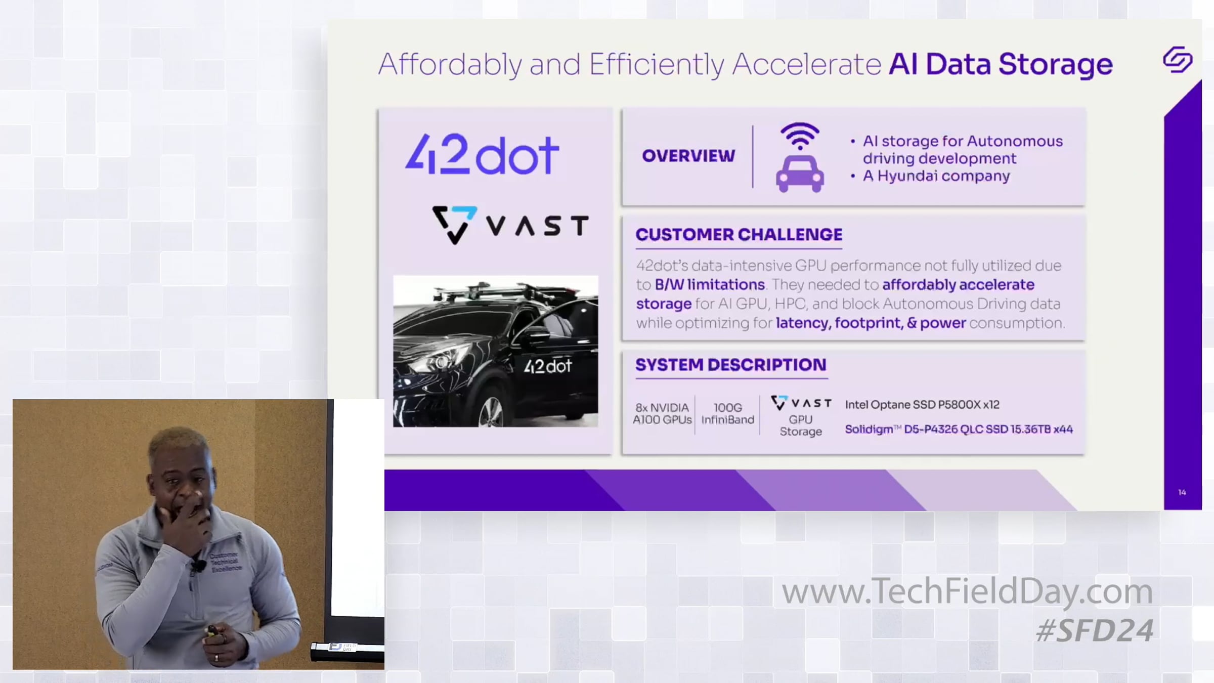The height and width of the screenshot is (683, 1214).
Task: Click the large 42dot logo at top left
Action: click(x=482, y=154)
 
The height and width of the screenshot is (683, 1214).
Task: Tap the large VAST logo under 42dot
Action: click(x=510, y=225)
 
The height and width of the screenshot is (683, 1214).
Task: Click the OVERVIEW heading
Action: click(x=688, y=156)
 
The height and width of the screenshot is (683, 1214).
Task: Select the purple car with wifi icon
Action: click(x=800, y=157)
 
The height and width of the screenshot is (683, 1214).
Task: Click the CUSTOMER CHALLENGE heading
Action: click(x=739, y=235)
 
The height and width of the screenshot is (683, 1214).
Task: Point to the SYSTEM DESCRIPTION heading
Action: click(x=731, y=365)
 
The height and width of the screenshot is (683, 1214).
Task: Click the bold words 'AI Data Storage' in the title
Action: click(x=1001, y=64)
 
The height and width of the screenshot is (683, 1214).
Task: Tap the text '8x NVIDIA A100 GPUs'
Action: click(x=662, y=413)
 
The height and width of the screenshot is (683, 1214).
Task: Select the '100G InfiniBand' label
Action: click(x=727, y=413)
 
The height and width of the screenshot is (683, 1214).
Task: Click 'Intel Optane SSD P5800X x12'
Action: click(x=922, y=405)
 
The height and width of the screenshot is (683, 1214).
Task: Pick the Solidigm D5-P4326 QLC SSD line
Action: click(x=959, y=430)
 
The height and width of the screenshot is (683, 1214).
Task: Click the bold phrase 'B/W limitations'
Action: click(x=709, y=285)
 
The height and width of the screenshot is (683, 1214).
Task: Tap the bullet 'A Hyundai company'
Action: click(x=936, y=176)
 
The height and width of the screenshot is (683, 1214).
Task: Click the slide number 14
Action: click(x=1182, y=492)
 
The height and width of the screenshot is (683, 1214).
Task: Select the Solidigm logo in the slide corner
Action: click(x=1178, y=60)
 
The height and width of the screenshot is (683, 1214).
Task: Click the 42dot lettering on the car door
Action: click(x=547, y=366)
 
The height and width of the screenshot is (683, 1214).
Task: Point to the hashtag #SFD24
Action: click(x=1095, y=630)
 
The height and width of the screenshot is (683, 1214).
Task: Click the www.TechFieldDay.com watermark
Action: click(x=967, y=591)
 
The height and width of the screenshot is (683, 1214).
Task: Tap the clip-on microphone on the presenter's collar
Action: click(x=199, y=566)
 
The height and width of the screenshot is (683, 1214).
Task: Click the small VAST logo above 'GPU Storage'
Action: click(x=801, y=403)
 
